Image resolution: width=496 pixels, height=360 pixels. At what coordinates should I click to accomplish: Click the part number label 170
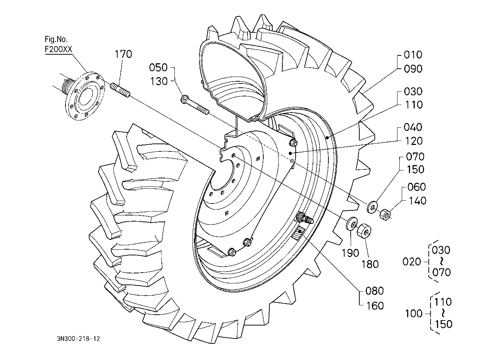point(123,54)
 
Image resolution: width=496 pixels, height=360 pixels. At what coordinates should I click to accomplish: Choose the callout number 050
point(158,68)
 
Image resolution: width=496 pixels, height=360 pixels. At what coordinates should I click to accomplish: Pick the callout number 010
point(413,55)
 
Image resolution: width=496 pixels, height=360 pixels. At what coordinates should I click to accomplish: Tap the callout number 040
point(413,127)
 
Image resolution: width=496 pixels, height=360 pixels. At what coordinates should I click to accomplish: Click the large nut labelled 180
point(364,230)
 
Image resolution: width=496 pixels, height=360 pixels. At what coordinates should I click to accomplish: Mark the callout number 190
point(350,253)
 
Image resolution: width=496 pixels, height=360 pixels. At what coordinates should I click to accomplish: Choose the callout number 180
point(370,264)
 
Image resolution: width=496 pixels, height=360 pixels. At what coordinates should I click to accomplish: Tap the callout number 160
point(375,306)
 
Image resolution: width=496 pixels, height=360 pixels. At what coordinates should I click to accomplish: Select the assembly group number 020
point(411,262)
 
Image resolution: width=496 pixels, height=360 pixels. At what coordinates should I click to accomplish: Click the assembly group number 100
point(414,314)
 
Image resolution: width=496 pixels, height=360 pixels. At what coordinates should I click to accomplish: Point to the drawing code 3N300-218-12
point(78,339)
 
